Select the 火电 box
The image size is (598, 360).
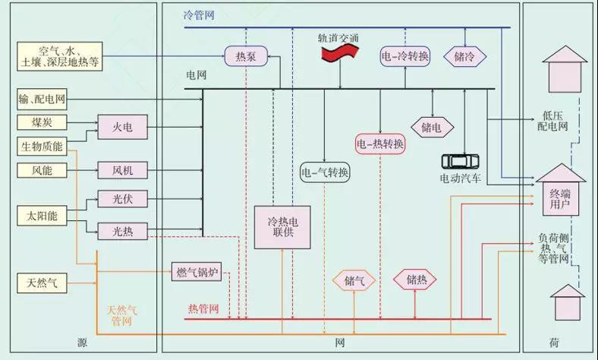(x=122, y=128)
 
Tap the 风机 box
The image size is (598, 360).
(x=122, y=170)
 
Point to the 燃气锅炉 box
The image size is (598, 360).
(x=198, y=272)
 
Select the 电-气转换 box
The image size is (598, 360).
(x=325, y=172)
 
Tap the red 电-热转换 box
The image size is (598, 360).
(x=379, y=143)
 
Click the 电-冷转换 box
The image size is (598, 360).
(x=404, y=55)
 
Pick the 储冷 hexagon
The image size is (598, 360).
(x=470, y=55)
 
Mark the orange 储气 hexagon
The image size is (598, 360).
(x=354, y=280)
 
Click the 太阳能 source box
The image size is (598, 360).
(x=42, y=216)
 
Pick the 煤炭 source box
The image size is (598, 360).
(x=42, y=122)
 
